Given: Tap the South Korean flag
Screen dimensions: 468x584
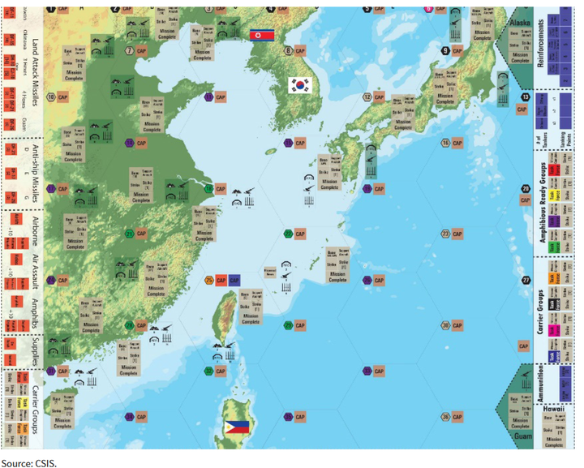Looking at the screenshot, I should [x=300, y=85].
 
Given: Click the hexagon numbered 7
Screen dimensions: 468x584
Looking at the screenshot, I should [x=130, y=50].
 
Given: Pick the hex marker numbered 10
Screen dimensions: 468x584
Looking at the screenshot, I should [x=51, y=97].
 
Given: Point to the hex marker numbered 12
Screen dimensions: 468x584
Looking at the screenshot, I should [x=367, y=97].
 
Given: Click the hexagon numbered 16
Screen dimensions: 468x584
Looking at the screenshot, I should [x=445, y=143].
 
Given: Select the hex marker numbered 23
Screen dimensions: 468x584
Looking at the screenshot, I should [x=445, y=234].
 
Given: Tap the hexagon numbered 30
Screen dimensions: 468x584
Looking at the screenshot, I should [x=445, y=326].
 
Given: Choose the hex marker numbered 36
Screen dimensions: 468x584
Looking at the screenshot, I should [x=445, y=417].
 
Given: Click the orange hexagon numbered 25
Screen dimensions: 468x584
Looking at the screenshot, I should [x=209, y=280].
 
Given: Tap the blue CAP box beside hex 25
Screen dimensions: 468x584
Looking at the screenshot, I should [x=234, y=280].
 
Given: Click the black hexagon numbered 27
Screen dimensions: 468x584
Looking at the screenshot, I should [x=526, y=280].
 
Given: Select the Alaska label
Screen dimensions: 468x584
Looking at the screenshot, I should [x=519, y=12].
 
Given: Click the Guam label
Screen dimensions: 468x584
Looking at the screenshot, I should [x=519, y=436].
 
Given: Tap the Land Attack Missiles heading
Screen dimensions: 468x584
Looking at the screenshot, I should [x=34, y=73].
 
